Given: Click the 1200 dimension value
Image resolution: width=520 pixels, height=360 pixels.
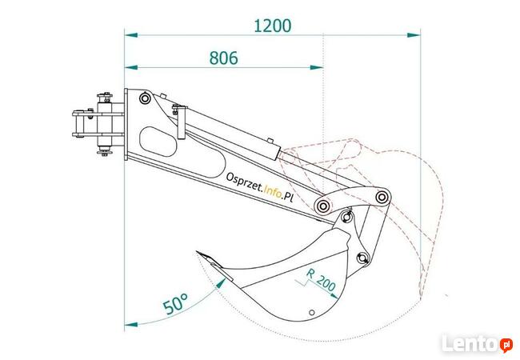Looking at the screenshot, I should [272, 25].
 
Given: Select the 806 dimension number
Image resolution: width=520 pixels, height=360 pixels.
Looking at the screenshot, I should [223, 58].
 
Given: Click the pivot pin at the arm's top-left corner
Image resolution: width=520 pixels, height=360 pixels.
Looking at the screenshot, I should [144, 98].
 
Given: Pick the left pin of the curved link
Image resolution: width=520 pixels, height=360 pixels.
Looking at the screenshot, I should [322, 206].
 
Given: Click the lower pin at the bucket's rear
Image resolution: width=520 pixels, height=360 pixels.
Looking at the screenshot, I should [362, 258].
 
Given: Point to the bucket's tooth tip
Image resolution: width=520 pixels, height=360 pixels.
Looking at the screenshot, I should [197, 254].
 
